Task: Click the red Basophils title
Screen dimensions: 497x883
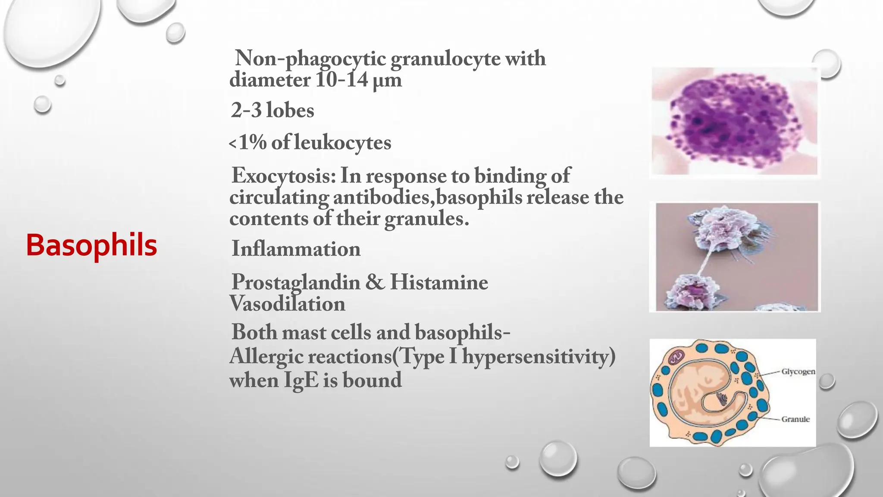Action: click(x=91, y=245)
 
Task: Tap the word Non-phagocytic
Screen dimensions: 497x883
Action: click(x=310, y=58)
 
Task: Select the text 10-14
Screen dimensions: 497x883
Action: click(x=341, y=80)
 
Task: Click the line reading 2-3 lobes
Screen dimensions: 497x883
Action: click(x=272, y=110)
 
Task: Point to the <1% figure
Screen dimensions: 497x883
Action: click(x=248, y=143)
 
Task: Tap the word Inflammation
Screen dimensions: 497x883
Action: click(x=296, y=249)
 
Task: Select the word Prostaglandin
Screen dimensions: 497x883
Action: click(x=296, y=283)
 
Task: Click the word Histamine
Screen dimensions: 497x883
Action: click(x=439, y=283)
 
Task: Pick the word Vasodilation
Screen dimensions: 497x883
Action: click(x=287, y=304)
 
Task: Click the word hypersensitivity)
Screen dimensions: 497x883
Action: click(x=539, y=357)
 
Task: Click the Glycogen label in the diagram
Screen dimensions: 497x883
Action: click(x=798, y=371)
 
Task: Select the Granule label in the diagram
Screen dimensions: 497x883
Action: click(x=795, y=419)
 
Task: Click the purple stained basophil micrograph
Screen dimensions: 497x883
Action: click(x=734, y=121)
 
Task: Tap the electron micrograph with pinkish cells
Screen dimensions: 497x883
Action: click(x=736, y=257)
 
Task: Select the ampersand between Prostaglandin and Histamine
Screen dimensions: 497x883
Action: click(x=375, y=283)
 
